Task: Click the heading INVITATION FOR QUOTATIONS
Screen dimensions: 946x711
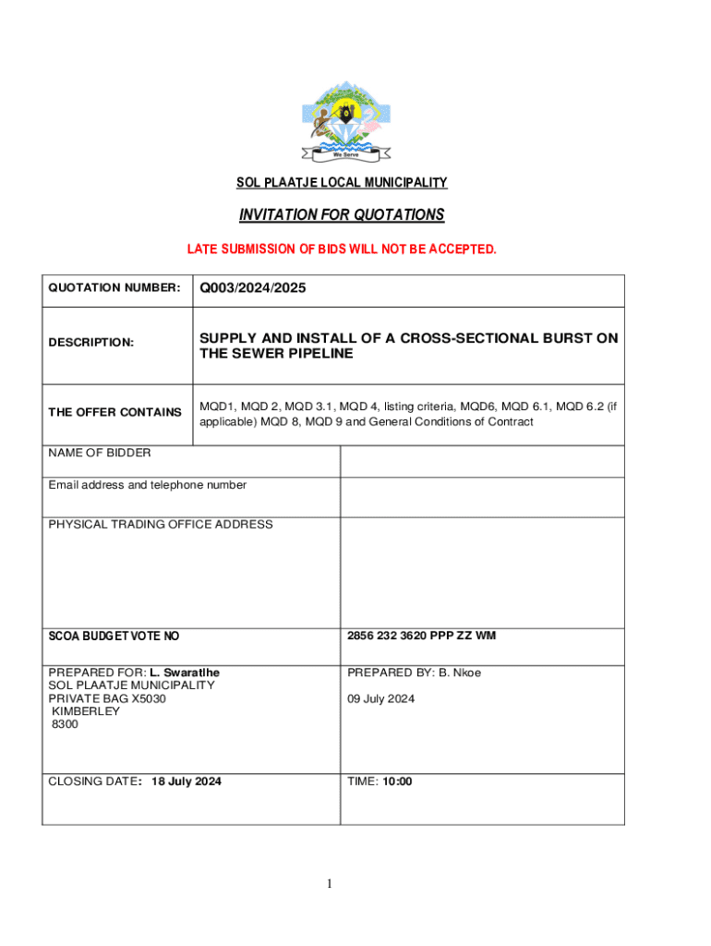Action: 342,215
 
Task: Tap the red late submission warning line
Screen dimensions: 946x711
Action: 342,249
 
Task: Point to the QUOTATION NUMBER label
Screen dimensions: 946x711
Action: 114,288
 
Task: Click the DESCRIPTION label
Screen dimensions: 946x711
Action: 90,343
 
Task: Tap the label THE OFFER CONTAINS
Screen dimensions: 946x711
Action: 114,412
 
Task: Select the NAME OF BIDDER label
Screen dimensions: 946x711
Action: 100,453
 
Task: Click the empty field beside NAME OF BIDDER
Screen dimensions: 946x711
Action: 482,461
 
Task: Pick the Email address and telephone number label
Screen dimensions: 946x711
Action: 148,485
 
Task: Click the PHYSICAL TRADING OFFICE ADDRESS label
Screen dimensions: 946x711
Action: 161,525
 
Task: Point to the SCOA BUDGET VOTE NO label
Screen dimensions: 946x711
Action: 114,637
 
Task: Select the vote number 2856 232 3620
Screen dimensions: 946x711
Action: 388,636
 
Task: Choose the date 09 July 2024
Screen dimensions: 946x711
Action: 381,698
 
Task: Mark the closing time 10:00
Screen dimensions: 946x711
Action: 398,782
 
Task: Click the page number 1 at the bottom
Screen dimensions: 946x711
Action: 329,884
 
